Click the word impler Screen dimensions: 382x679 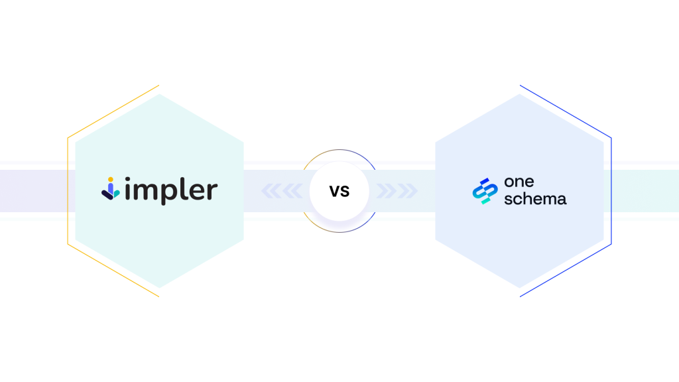[x=170, y=191]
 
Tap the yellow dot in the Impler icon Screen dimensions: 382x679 [x=111, y=180]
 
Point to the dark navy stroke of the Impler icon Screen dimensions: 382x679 [x=106, y=193]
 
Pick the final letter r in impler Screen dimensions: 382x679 [x=211, y=192]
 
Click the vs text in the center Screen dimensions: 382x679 [x=339, y=191]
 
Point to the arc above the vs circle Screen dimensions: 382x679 [x=339, y=151]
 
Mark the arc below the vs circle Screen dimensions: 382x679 [x=339, y=231]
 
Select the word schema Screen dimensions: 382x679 [x=535, y=198]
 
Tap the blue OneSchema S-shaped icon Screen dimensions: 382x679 [x=485, y=191]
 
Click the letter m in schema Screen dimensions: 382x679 [x=548, y=198]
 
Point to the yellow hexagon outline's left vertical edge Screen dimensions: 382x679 [x=68, y=191]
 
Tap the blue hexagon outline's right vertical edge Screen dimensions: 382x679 [x=611, y=191]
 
